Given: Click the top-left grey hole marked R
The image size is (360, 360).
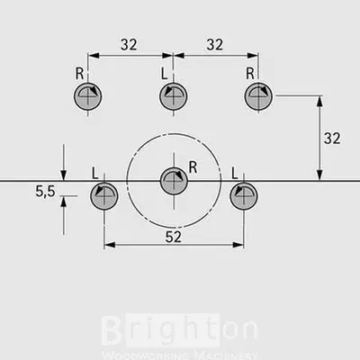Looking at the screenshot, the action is pyautogui.click(x=88, y=96).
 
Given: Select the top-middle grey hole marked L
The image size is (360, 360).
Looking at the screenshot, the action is pyautogui.click(x=174, y=96).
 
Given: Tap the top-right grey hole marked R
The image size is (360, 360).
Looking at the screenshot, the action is pyautogui.click(x=258, y=96).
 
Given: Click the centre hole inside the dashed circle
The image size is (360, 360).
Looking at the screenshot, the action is pyautogui.click(x=174, y=181).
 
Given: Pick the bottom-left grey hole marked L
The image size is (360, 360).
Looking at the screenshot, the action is pyautogui.click(x=104, y=196).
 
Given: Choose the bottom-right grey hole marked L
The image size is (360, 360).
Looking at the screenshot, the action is pyautogui.click(x=244, y=196).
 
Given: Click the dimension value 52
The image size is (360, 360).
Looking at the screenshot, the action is pyautogui.click(x=174, y=237).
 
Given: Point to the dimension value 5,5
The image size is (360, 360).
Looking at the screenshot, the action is pyautogui.click(x=45, y=191).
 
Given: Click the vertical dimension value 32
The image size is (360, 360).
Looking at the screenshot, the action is pyautogui.click(x=332, y=139).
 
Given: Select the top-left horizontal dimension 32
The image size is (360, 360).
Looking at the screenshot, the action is pyautogui.click(x=129, y=44).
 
